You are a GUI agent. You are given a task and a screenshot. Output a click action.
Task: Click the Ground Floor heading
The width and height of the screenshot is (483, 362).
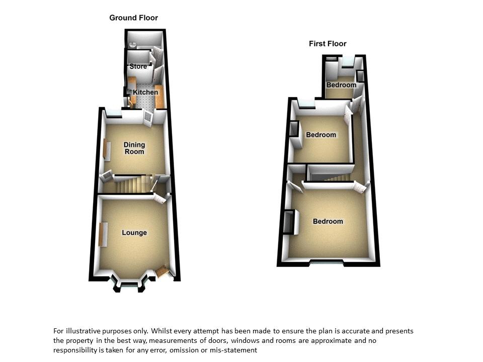[x=134, y=18]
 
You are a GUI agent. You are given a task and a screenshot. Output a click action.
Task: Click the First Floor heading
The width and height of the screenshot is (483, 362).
[x=328, y=44]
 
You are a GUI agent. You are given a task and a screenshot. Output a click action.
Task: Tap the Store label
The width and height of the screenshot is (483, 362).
[x=138, y=66]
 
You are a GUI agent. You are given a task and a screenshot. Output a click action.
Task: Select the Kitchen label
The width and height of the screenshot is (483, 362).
[x=145, y=93]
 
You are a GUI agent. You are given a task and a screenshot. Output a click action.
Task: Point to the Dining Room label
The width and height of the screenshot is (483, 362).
[x=134, y=148]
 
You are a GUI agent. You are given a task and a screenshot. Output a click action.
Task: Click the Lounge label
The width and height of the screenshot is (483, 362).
[x=134, y=233]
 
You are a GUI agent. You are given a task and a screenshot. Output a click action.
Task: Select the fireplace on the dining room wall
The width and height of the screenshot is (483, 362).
[x=107, y=150]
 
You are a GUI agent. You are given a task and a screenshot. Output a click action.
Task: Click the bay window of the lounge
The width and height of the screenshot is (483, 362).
[x=130, y=286]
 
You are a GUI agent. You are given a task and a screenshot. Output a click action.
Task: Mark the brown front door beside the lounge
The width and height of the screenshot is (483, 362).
[x=162, y=271]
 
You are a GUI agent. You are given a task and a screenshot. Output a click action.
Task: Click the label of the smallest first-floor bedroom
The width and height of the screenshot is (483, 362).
[x=341, y=85]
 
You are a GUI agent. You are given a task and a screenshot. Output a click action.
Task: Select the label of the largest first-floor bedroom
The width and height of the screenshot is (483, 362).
[x=328, y=221]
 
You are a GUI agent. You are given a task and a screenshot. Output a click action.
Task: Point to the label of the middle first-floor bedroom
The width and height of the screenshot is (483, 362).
[x=321, y=135]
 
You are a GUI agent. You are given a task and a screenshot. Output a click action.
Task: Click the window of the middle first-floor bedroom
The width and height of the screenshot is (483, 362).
[x=306, y=105]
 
